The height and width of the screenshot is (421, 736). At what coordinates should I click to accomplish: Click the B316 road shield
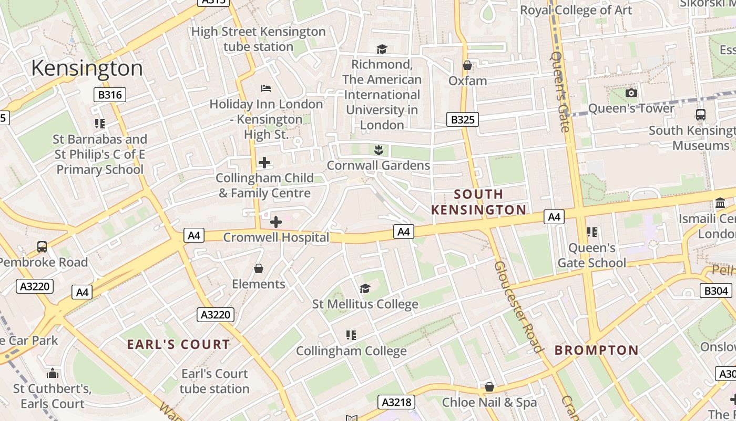point(110,95)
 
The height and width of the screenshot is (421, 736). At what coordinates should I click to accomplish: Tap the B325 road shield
point(463,119)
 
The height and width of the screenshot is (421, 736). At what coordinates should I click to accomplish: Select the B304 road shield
point(716,290)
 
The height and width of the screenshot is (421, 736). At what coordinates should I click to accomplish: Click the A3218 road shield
point(396,403)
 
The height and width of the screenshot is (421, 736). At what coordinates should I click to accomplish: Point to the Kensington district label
point(87,68)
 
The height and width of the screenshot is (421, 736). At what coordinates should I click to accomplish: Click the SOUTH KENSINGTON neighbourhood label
point(478,202)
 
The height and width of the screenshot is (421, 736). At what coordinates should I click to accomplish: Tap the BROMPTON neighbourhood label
point(597,350)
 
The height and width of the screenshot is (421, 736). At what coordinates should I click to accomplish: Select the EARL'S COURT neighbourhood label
point(179,345)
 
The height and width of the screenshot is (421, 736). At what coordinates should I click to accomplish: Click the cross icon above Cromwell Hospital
point(276,222)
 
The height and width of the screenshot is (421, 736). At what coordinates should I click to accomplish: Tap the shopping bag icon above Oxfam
point(467,66)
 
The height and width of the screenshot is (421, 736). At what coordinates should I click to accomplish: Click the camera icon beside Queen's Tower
point(631,93)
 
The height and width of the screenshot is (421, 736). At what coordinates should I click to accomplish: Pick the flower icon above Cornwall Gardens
point(378,151)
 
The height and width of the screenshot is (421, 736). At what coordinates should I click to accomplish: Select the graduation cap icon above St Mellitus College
point(365,288)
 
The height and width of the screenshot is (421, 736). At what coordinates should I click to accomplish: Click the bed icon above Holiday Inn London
point(266,88)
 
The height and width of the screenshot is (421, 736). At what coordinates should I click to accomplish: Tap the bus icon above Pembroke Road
point(42,246)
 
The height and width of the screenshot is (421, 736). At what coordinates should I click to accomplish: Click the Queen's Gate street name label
point(560,91)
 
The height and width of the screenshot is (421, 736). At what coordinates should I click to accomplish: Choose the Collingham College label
point(351,350)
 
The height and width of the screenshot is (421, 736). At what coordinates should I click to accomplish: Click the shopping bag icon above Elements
point(259,269)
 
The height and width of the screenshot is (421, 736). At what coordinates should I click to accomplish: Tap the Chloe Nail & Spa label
point(489,403)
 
